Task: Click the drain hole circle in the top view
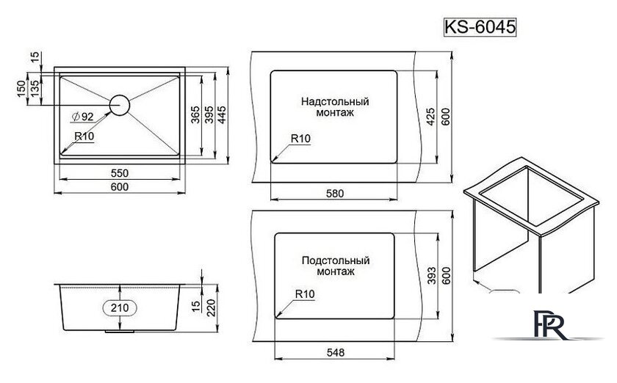120,105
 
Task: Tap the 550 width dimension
120,173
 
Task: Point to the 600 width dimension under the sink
120,187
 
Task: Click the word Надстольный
334,102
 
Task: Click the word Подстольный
335,260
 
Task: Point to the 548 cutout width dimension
336,351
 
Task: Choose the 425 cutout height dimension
431,117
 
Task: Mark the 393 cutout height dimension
431,276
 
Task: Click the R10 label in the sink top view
83,136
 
